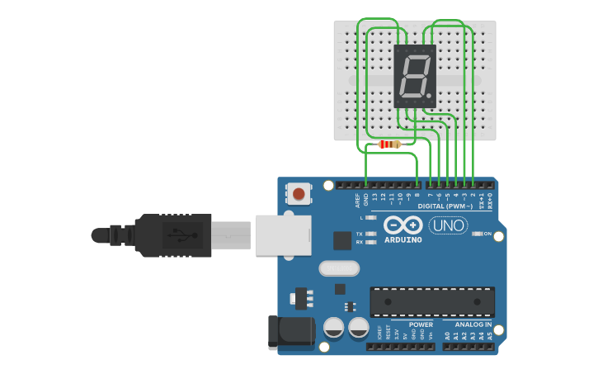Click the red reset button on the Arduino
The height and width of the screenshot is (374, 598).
click(299, 195)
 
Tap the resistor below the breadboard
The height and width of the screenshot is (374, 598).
click(389, 144)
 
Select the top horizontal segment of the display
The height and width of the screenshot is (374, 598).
click(416, 58)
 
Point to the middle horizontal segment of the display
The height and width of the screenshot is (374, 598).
click(413, 76)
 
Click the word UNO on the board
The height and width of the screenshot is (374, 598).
click(447, 225)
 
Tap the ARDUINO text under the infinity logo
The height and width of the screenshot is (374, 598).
click(403, 240)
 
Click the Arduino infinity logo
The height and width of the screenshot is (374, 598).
click(403, 225)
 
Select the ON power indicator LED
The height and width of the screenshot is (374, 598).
click(477, 234)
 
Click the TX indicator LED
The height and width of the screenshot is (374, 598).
click(371, 234)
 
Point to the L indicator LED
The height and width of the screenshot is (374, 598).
click(371, 217)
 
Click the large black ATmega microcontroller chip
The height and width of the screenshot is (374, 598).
click(431, 301)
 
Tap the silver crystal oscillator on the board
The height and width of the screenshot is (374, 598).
click(338, 268)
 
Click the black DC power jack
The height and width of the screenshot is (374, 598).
click(291, 332)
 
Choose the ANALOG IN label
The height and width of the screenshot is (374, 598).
click(469, 324)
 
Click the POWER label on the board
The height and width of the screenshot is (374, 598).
click(421, 324)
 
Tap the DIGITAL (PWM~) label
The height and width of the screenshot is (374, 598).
click(445, 206)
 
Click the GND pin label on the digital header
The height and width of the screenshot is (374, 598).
click(365, 199)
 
